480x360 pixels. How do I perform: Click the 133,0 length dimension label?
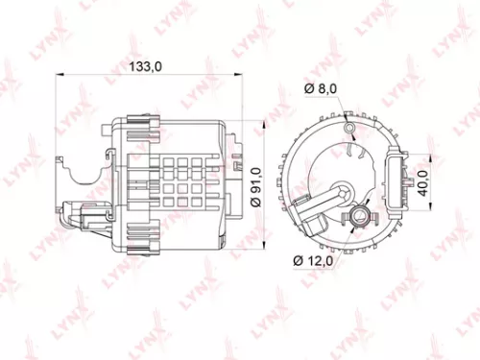pyautogui.click(x=145, y=65)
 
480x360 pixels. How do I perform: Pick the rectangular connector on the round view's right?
pyautogui.click(x=396, y=183)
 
